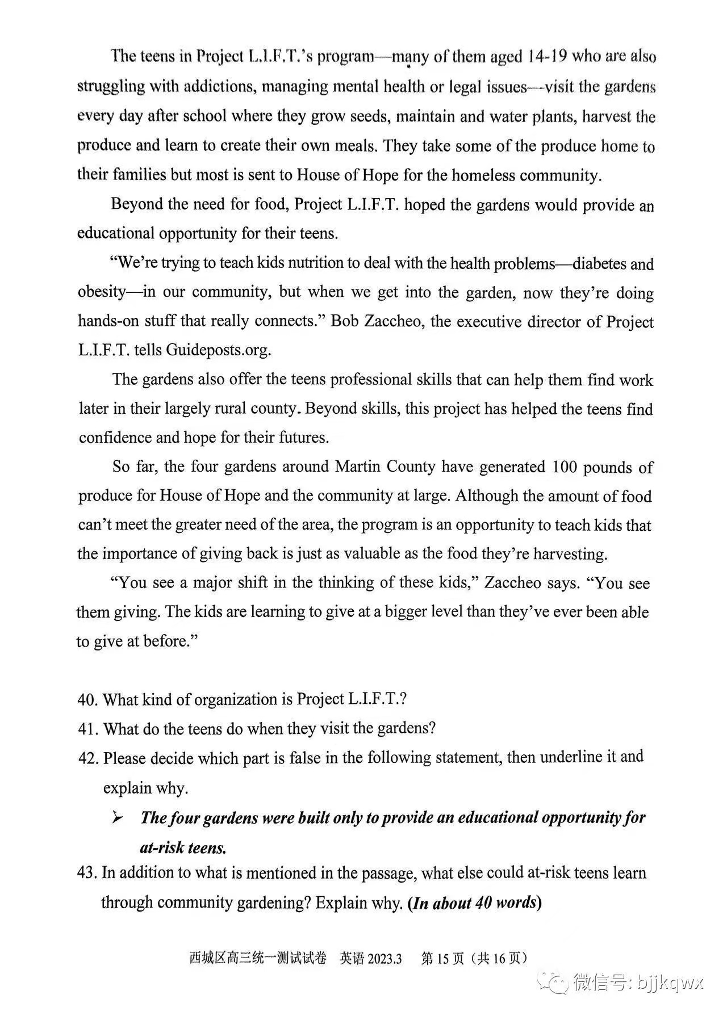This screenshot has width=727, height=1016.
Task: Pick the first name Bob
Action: pyautogui.click(x=344, y=322)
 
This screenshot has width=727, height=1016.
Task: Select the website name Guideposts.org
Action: pyautogui.click(x=218, y=350)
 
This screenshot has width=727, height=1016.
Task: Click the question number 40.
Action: pyautogui.click(x=87, y=699)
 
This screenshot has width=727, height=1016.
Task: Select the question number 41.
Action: pyautogui.click(x=87, y=729)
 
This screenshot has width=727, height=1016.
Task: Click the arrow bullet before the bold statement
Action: pyautogui.click(x=118, y=817)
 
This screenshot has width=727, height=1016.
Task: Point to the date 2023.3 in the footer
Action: pyautogui.click(x=385, y=959)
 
